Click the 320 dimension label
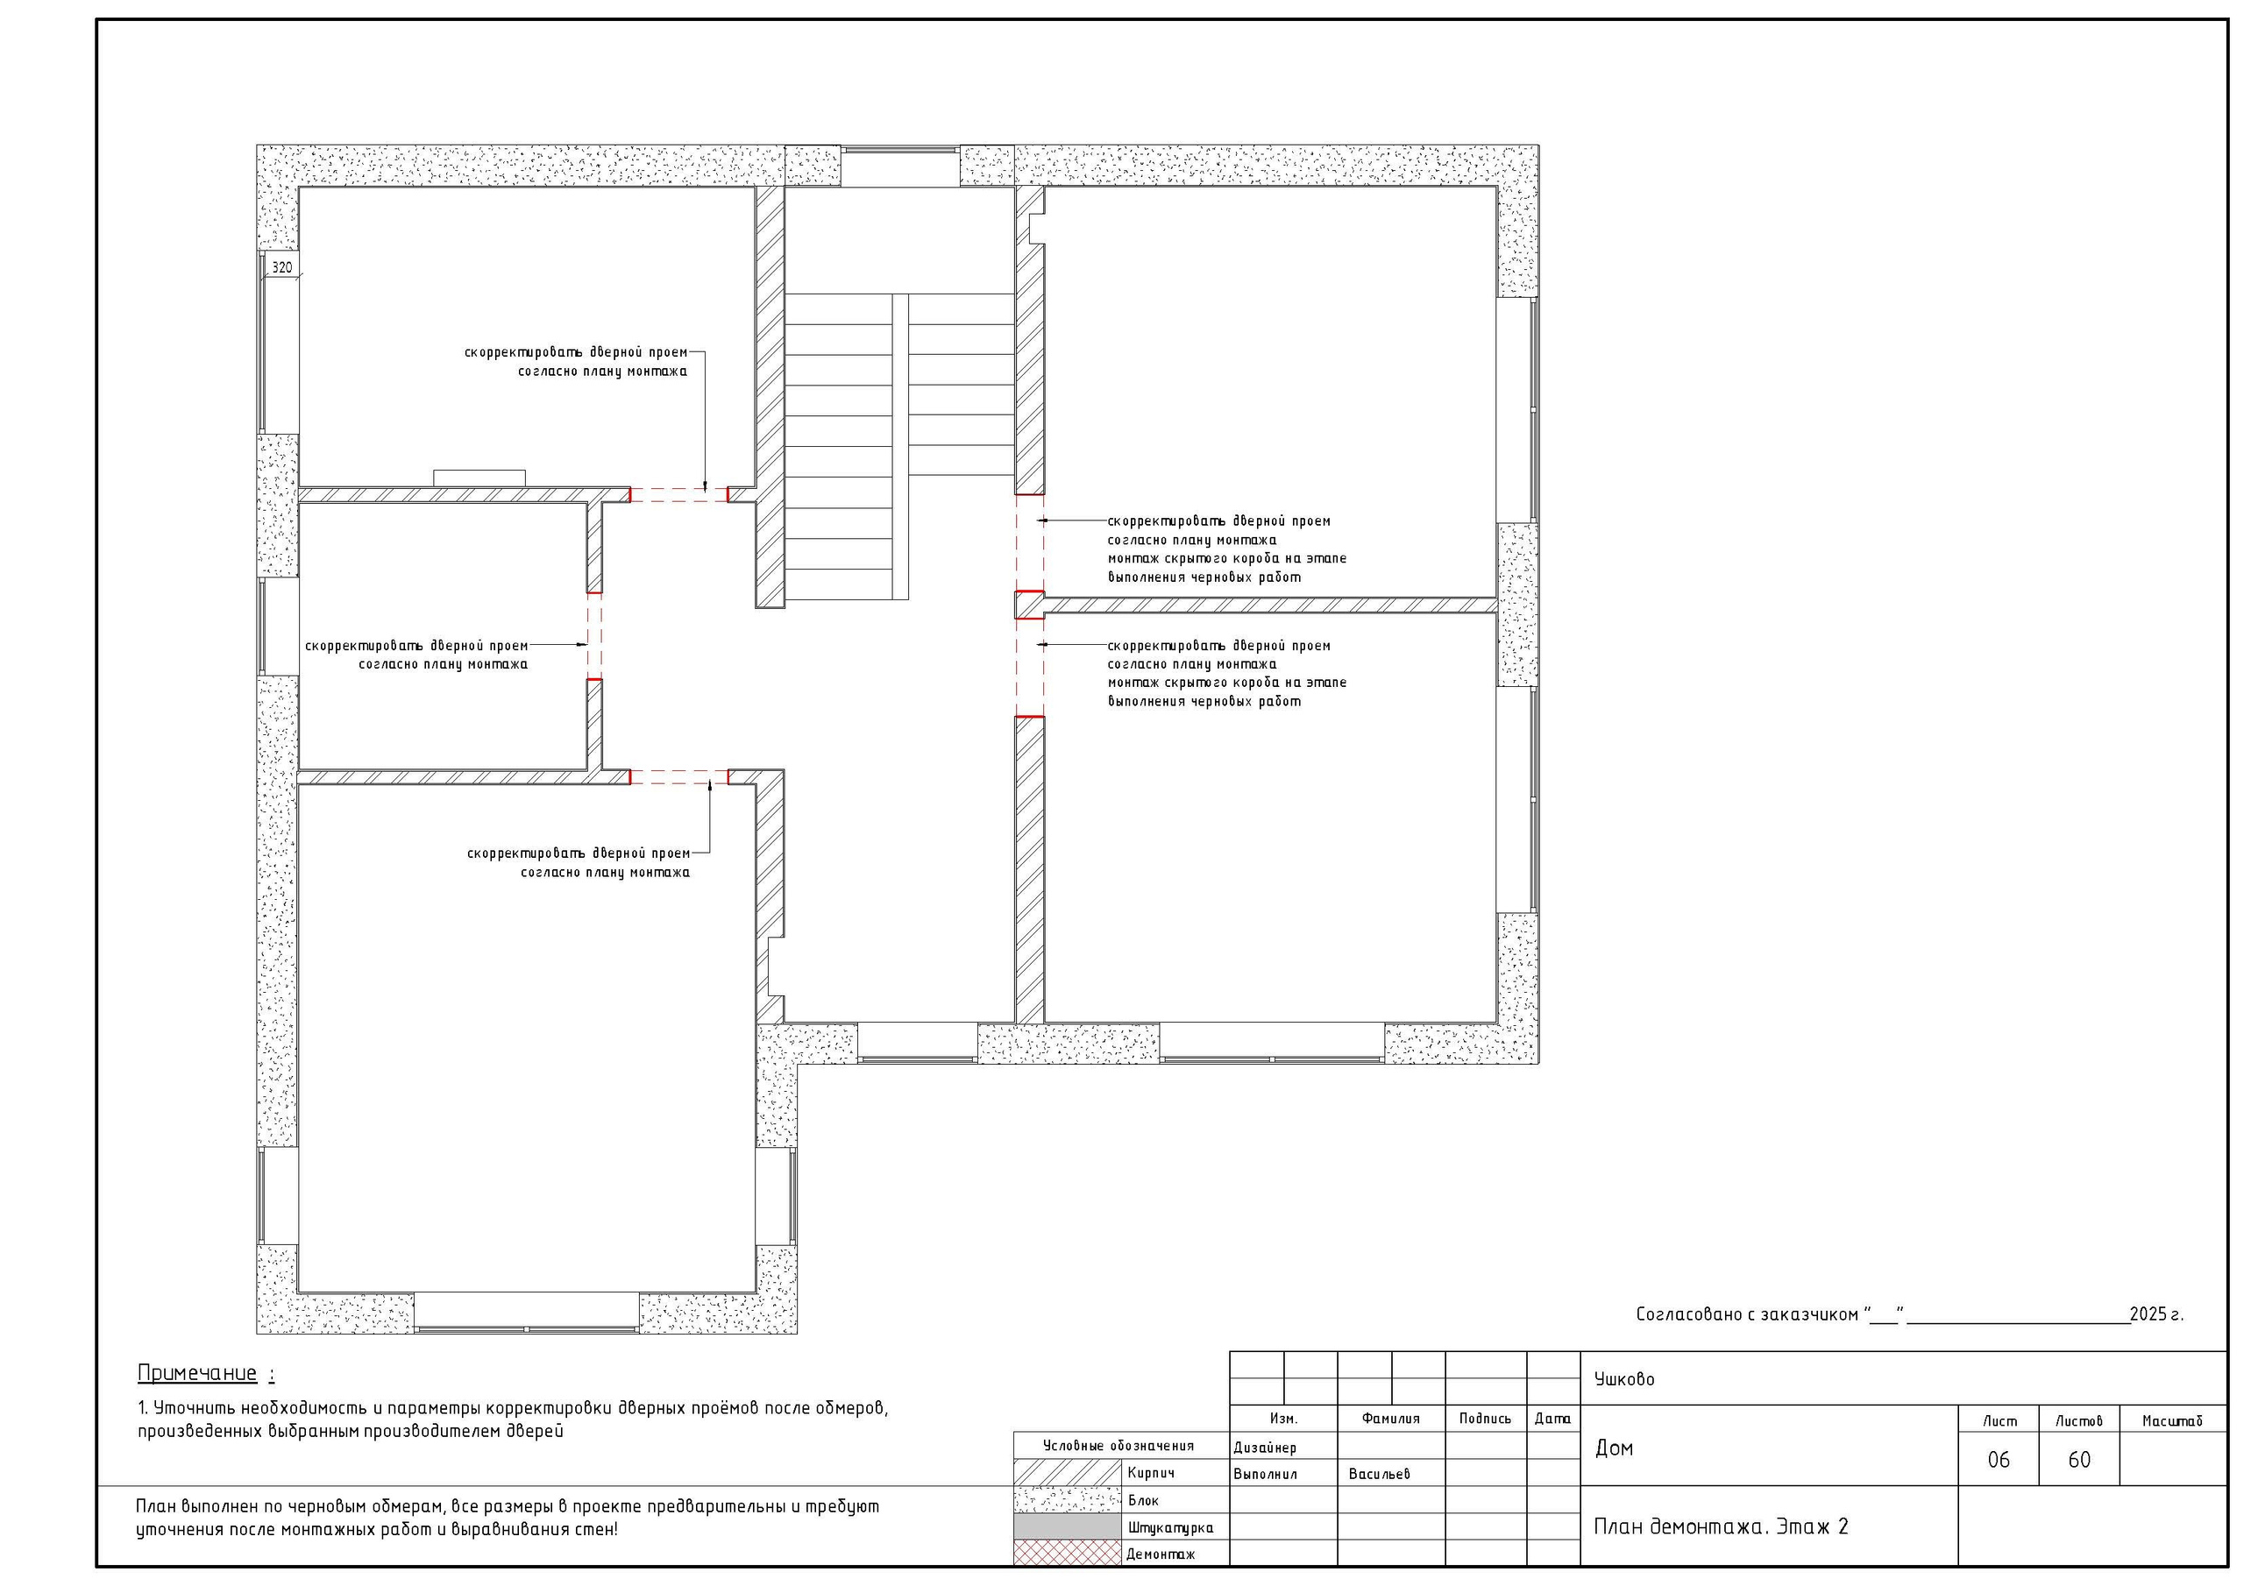[281, 266]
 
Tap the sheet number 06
[1999, 1460]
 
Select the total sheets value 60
[2079, 1460]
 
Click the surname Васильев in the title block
[1379, 1474]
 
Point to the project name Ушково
[1624, 1379]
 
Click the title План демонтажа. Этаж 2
[1721, 1526]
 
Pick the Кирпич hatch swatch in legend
[1068, 1473]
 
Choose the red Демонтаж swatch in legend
[1068, 1554]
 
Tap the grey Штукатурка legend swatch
[1068, 1526]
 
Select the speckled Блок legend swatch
[1068, 1500]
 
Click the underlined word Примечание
[197, 1373]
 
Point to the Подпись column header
[1485, 1418]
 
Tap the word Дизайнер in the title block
[1265, 1448]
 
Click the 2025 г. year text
[2156, 1314]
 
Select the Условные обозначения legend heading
[1118, 1445]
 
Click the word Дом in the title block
[1614, 1448]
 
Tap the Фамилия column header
[1391, 1418]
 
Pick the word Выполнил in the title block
[1265, 1474]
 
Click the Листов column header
[2079, 1421]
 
